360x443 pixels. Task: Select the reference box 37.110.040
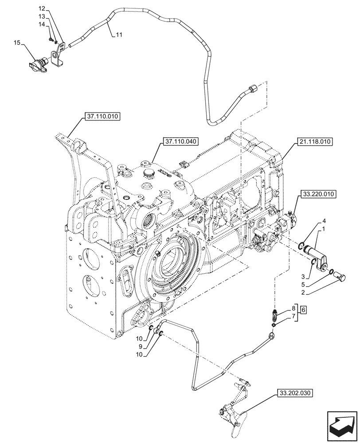coord(180,142)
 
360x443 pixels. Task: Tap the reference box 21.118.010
coord(314,142)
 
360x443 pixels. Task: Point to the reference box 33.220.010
coord(319,194)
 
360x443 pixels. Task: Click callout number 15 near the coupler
coord(17,43)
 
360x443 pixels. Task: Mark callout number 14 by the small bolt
coord(43,25)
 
